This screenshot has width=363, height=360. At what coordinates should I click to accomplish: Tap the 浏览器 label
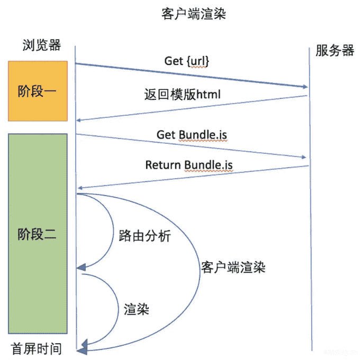pyautogui.click(x=42, y=44)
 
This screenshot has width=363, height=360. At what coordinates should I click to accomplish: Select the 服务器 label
pyautogui.click(x=334, y=51)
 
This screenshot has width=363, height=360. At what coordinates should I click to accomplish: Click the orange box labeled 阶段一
pyautogui.click(x=38, y=90)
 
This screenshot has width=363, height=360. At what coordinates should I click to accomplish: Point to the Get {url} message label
pyautogui.click(x=187, y=61)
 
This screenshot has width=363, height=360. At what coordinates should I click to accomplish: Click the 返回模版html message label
pyautogui.click(x=182, y=95)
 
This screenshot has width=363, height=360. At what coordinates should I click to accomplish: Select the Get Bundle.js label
pyautogui.click(x=192, y=135)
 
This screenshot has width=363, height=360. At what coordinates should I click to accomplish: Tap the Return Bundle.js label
pyautogui.click(x=189, y=165)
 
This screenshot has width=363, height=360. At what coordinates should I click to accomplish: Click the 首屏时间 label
pyautogui.click(x=36, y=349)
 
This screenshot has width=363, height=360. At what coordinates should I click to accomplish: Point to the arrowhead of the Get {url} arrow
pyautogui.click(x=305, y=87)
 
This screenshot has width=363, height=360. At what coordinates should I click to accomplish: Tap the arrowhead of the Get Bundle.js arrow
pyautogui.click(x=303, y=157)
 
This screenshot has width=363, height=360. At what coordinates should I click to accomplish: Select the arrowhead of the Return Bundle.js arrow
pyautogui.click(x=79, y=188)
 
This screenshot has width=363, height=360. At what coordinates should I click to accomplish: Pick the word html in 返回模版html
pyautogui.click(x=208, y=95)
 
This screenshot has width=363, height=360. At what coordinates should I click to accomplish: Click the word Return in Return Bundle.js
pyautogui.click(x=164, y=165)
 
